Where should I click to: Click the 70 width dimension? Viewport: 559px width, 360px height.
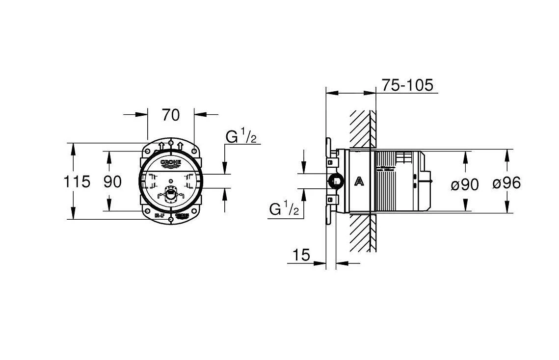[171, 115]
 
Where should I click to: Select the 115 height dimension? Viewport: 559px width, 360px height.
[77, 181]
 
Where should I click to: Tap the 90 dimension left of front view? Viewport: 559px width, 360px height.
[112, 181]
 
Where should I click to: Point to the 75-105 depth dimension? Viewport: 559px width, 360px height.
[407, 85]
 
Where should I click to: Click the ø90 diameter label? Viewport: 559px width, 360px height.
[464, 184]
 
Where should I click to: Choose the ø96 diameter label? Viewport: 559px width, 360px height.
[506, 183]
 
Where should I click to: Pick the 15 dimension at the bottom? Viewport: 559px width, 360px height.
[302, 255]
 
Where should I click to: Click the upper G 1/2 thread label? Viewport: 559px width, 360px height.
[241, 136]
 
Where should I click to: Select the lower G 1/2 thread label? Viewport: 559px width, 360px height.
[284, 209]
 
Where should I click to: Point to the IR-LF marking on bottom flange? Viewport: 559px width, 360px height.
[160, 215]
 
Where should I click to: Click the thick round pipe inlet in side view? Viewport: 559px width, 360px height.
[336, 181]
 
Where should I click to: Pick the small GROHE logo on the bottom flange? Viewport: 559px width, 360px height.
[182, 215]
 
